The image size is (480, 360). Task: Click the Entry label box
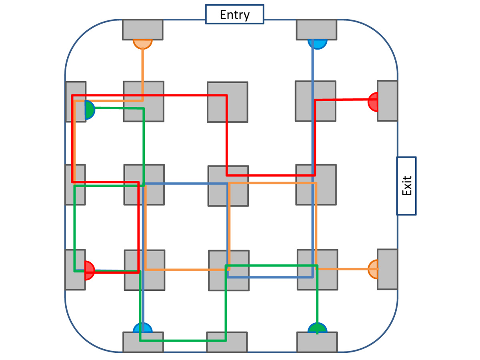click(234, 14)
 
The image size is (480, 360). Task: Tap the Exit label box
click(406, 186)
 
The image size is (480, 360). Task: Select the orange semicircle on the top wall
click(143, 44)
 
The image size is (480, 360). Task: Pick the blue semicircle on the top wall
click(317, 44)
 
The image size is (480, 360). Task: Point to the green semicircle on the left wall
click(90, 110)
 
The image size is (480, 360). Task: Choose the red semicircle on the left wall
click(89, 270)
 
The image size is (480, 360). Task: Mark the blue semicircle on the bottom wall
click(143, 328)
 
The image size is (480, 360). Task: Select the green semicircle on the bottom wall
click(317, 328)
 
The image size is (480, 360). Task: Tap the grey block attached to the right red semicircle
click(387, 101)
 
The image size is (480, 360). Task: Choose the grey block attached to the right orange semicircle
click(387, 269)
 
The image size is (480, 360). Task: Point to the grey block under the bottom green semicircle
click(317, 343)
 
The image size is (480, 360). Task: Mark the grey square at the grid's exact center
click(228, 186)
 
